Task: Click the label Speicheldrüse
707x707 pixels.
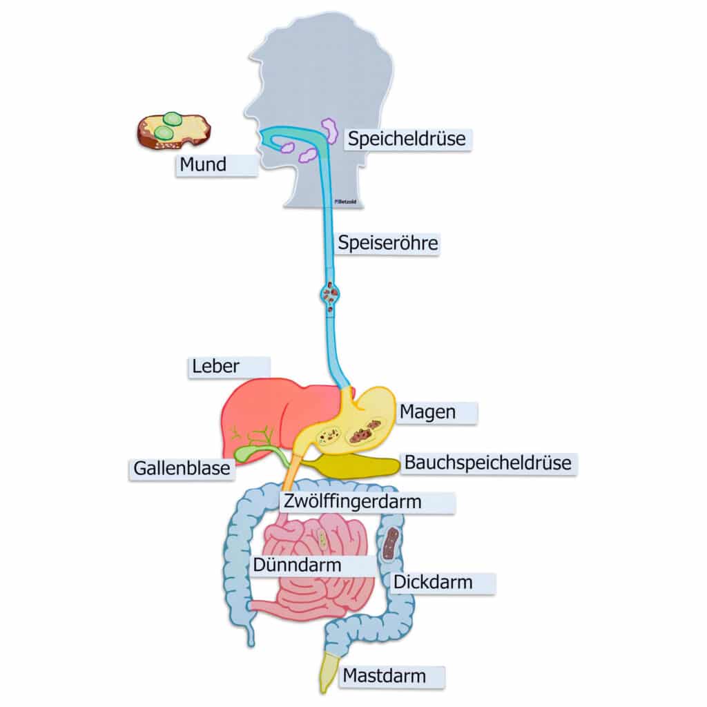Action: [x=407, y=139]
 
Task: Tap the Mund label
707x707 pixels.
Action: [x=203, y=165]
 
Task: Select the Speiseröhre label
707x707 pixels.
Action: [x=387, y=243]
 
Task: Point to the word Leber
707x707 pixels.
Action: [x=216, y=367]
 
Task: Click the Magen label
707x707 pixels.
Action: [x=427, y=412]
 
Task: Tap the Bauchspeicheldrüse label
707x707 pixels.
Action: [x=487, y=463]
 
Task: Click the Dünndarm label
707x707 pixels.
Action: [x=297, y=565]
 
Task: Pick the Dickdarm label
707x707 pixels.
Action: [x=433, y=582]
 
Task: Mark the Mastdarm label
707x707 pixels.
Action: [x=385, y=675]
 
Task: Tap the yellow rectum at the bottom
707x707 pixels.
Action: [x=327, y=673]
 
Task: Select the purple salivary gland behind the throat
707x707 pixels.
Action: [x=329, y=130]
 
